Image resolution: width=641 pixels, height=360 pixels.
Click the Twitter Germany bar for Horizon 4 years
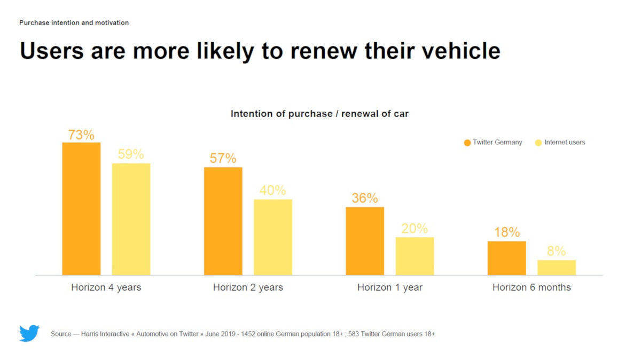(81, 208)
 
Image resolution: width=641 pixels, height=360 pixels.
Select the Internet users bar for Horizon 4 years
(131, 219)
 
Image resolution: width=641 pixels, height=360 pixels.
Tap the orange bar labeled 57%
(223, 221)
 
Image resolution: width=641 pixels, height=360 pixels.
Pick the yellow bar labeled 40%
(272, 237)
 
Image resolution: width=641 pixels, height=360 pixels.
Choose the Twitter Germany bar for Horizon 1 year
(365, 241)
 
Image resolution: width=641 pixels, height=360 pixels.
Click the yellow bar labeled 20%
(415, 256)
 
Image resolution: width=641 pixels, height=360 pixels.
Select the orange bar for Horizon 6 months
(506, 258)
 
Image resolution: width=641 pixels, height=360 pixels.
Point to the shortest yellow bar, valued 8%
(556, 268)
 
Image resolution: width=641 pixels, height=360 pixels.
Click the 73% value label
(81, 135)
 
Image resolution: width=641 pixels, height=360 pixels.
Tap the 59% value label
(131, 154)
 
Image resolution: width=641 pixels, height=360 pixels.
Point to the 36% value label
(365, 198)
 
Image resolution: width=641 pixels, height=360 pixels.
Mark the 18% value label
(506, 232)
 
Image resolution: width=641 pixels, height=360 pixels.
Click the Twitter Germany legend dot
(467, 143)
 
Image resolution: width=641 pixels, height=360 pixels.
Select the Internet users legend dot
(538, 143)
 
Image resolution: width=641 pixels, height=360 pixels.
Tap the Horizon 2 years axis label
(248, 287)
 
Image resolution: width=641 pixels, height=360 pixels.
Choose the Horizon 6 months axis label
(531, 287)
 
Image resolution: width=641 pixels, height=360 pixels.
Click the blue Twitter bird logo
(29, 333)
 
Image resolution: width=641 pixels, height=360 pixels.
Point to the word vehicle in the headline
(457, 51)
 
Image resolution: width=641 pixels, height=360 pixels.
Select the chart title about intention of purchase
(319, 114)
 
